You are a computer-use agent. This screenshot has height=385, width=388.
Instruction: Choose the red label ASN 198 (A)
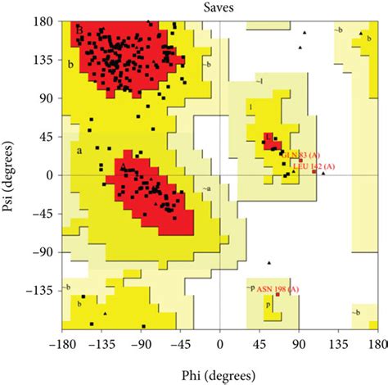278,289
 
